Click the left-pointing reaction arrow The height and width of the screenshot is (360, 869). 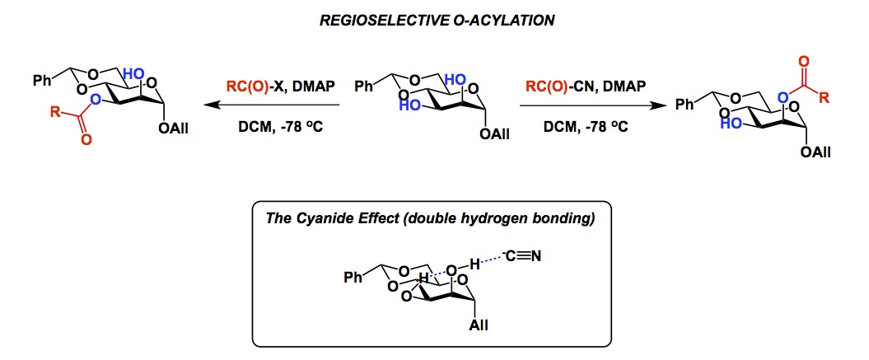pos(272,105)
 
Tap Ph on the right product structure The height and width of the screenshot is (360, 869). pos(684,105)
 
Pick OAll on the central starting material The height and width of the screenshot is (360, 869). pos(493,133)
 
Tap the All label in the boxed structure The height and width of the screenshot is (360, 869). pos(479,326)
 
